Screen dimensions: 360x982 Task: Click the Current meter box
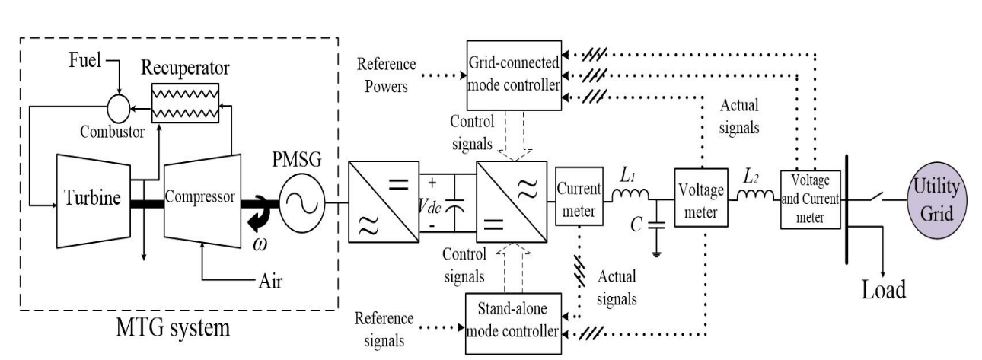pyautogui.click(x=580, y=202)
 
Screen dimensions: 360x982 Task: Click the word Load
pyautogui.click(x=883, y=290)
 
